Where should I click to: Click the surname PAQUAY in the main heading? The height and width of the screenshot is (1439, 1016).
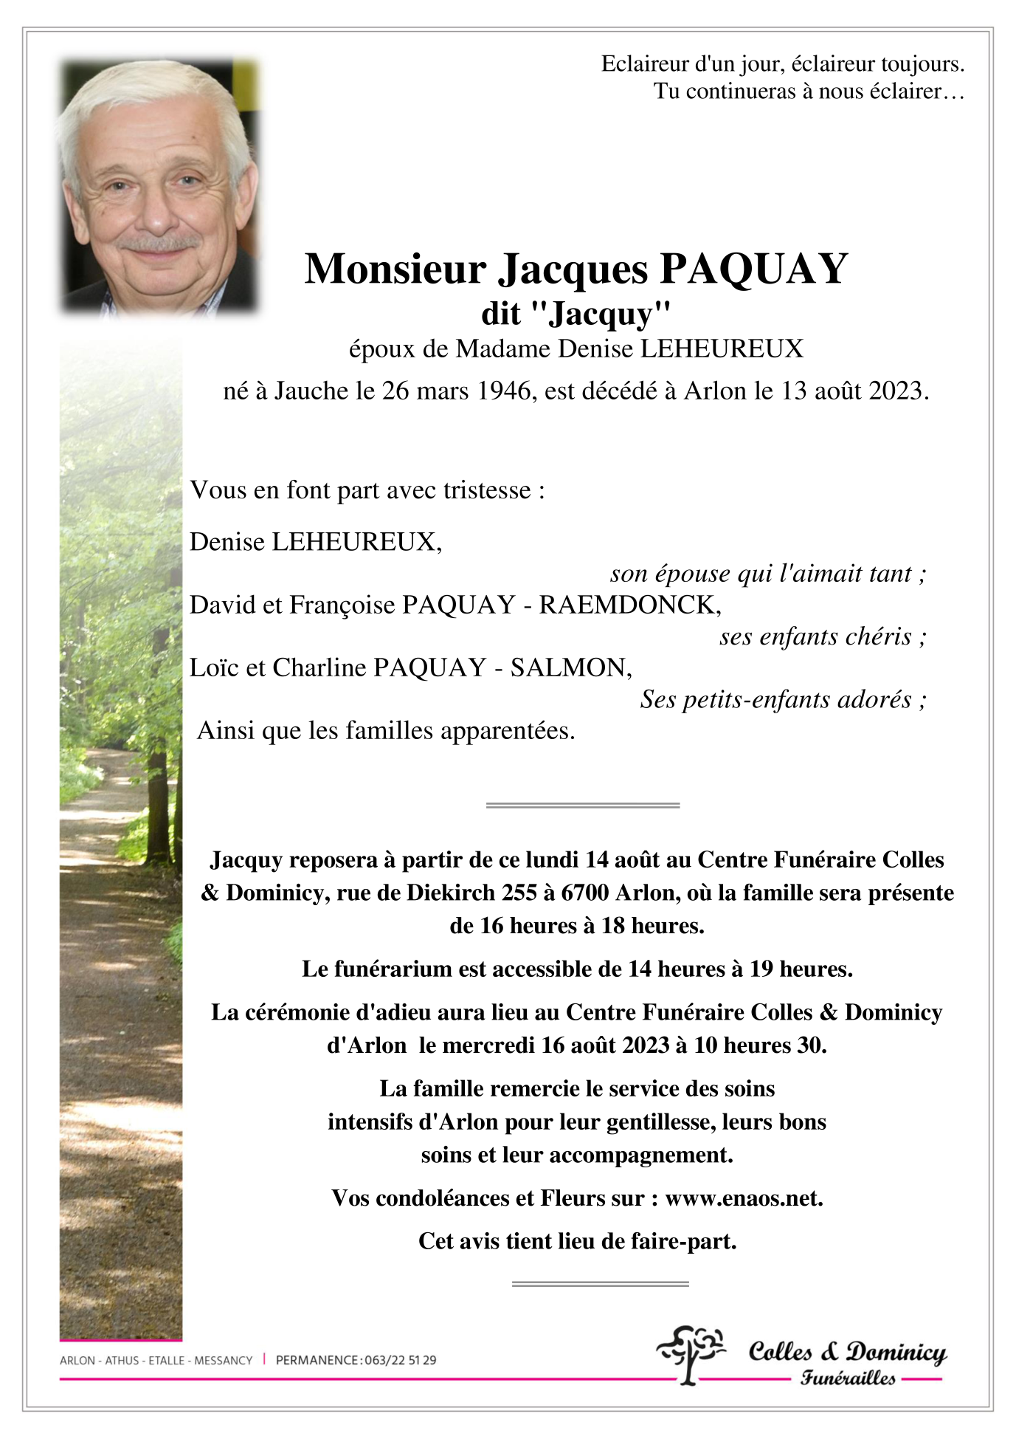coord(753,269)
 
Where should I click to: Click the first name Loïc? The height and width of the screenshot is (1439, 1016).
coord(214,667)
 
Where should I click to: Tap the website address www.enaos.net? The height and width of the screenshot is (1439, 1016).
coord(743,1198)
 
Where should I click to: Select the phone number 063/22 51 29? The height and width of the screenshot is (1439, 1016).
coord(400,1360)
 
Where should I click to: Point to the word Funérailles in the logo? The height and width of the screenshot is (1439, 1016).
coord(848,1378)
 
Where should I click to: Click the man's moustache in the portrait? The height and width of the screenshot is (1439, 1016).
coord(158,241)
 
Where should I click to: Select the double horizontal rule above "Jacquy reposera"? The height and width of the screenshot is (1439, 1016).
coord(582,805)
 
